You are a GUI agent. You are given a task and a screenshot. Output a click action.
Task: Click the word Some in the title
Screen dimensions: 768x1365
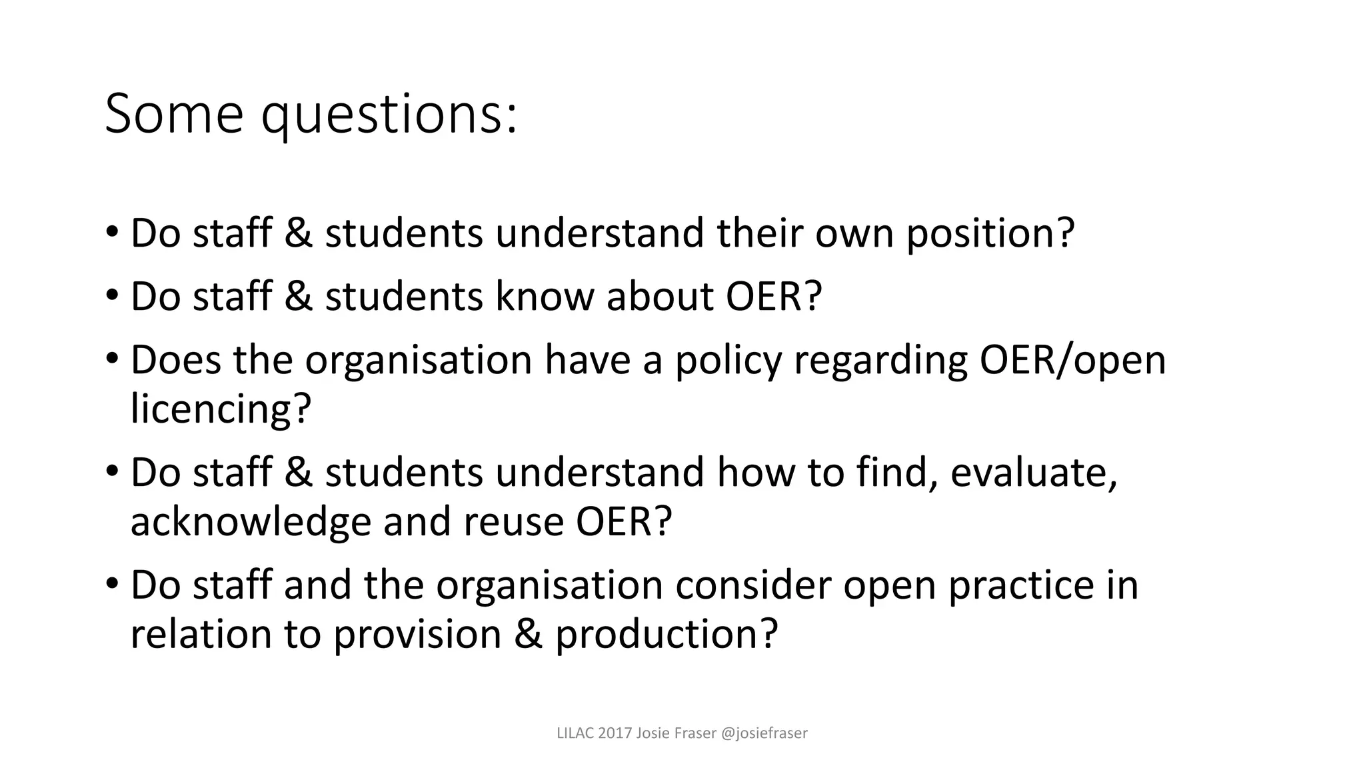point(174,114)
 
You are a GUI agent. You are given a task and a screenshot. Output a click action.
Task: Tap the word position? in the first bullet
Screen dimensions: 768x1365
point(990,235)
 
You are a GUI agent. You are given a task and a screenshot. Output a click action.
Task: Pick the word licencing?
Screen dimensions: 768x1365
point(221,409)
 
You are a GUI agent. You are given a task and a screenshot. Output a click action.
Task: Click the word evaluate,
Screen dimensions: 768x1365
point(1033,473)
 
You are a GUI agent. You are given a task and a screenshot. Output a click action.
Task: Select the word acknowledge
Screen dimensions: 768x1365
point(250,522)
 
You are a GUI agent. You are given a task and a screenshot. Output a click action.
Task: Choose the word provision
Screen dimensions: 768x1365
point(417,635)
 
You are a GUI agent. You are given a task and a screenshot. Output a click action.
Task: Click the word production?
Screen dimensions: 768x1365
point(667,635)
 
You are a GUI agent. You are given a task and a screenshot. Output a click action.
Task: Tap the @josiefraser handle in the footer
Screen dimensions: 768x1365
point(764,733)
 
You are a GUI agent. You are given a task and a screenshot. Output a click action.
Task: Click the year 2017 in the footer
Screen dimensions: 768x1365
point(615,733)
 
